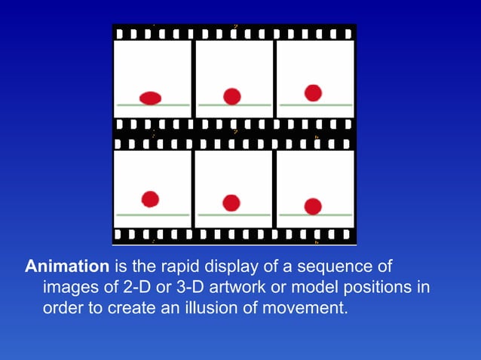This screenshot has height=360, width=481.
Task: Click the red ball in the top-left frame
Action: pyautogui.click(x=151, y=97)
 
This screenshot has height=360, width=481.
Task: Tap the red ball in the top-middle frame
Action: pyautogui.click(x=232, y=96)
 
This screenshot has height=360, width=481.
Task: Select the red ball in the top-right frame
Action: pyautogui.click(x=313, y=93)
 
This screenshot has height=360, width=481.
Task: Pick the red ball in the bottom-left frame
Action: pyautogui.click(x=151, y=199)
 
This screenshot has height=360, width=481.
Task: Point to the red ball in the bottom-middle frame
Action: pyautogui.click(x=231, y=203)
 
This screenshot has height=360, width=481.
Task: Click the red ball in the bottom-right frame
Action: pyautogui.click(x=313, y=206)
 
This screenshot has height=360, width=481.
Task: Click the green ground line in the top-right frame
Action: pyautogui.click(x=315, y=105)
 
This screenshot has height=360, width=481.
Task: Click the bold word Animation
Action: pyautogui.click(x=68, y=267)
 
